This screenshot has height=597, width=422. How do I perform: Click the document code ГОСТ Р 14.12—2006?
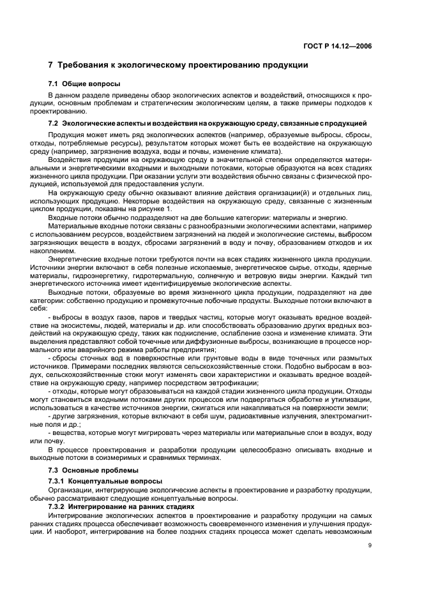[x=338, y=46]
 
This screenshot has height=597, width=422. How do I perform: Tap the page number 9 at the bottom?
[x=370, y=545]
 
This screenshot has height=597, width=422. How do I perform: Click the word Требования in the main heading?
[x=86, y=65]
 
